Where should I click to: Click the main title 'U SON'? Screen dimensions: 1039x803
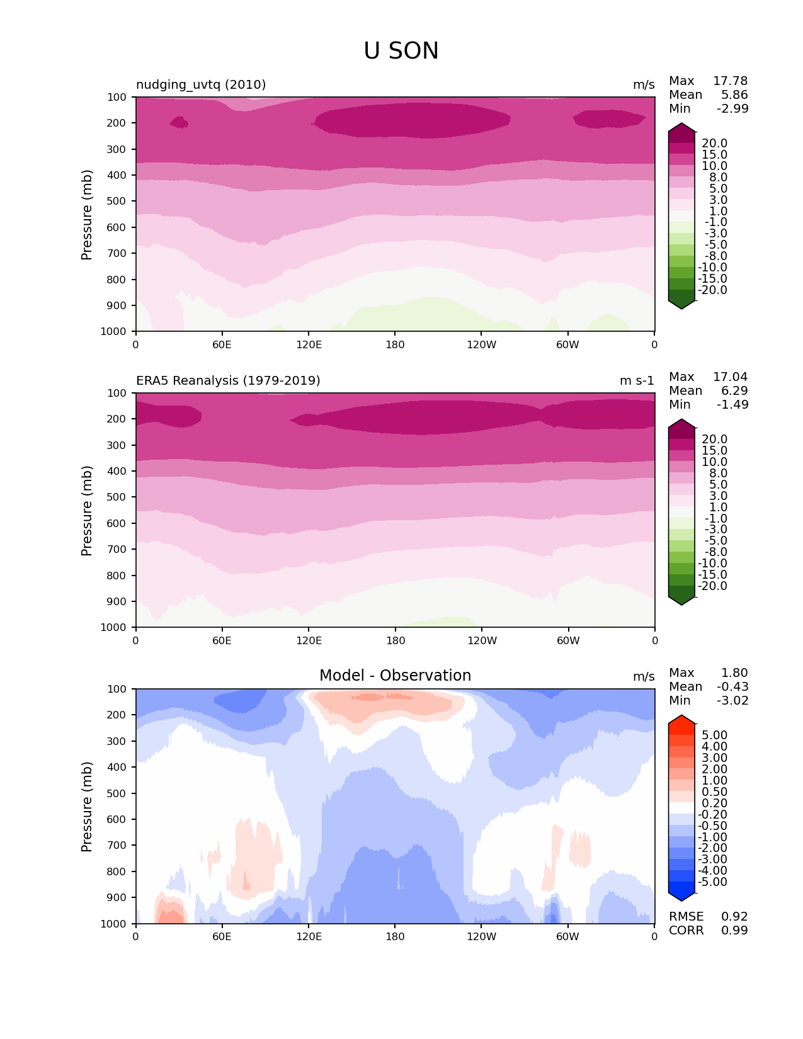(401, 51)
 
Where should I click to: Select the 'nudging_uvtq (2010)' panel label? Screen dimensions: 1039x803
(201, 84)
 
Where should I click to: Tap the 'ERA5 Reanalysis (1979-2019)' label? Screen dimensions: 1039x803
(228, 380)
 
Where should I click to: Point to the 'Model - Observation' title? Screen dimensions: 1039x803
(395, 676)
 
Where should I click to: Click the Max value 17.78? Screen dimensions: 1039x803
(730, 81)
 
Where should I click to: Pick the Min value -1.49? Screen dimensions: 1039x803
(732, 404)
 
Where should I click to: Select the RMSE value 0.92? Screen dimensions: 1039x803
(734, 916)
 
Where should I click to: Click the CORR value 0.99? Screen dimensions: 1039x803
(734, 930)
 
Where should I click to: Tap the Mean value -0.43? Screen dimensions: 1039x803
(732, 686)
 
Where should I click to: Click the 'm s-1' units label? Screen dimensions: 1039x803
(637, 380)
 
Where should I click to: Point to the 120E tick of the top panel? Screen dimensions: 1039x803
(309, 344)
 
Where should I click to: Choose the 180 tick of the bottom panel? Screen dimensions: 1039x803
(395, 936)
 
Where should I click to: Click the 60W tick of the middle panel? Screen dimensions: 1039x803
(568, 640)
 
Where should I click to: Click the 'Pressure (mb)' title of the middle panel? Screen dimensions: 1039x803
(87, 510)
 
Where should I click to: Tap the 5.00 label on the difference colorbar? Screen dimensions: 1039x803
(714, 735)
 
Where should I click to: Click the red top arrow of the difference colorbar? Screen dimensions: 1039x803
(681, 719)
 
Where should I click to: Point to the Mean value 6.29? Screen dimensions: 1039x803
(734, 390)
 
